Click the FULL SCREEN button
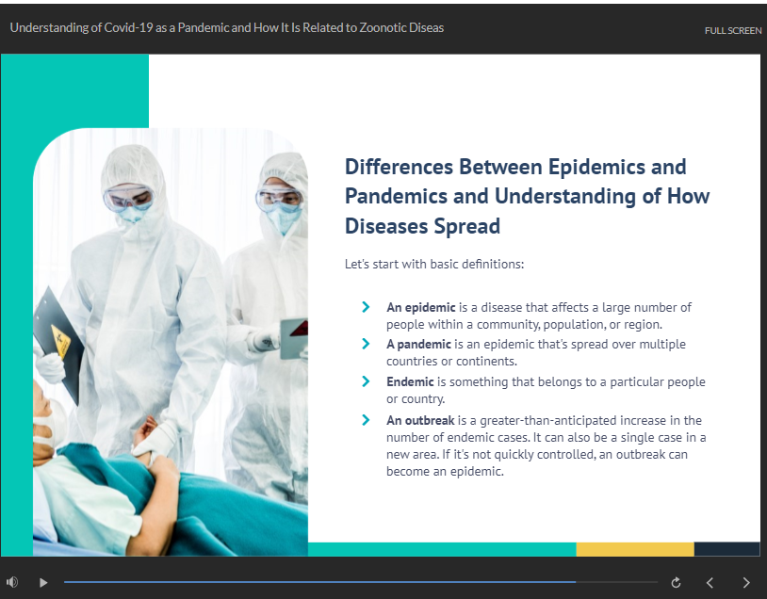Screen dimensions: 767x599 (733, 30)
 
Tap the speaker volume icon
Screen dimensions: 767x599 (12, 582)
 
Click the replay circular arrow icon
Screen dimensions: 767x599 (676, 582)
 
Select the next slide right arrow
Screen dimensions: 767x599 (746, 582)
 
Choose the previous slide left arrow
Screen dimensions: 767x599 (710, 582)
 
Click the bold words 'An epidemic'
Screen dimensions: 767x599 (420, 308)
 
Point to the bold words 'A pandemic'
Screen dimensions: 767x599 (418, 345)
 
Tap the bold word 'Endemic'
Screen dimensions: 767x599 (410, 381)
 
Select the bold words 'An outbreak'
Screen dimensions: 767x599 (420, 420)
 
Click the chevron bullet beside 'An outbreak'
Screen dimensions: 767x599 (366, 420)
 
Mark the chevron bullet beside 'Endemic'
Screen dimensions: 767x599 (366, 381)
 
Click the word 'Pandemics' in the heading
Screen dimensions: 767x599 (396, 196)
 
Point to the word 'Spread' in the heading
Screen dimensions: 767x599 (466, 226)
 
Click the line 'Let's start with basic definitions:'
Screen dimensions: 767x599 (434, 264)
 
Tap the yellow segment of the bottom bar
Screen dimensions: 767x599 (635, 549)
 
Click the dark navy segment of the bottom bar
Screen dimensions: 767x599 (726, 549)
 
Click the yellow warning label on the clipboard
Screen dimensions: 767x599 (61, 340)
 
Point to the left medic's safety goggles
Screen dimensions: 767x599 (129, 198)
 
